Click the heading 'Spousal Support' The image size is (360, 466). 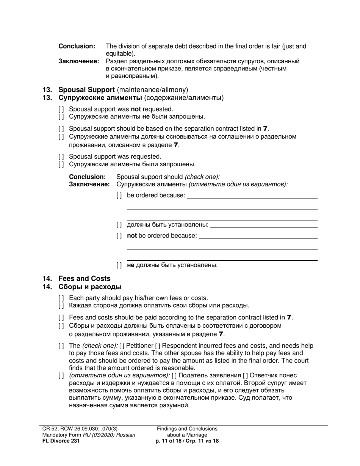tap(86, 90)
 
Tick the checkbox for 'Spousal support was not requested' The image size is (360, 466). tap(61, 109)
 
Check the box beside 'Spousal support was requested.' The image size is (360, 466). tap(61, 157)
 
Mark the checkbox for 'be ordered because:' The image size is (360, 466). tap(119, 195)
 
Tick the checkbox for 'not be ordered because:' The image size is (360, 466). tap(119, 236)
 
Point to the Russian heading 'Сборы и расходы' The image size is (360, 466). tap(90, 287)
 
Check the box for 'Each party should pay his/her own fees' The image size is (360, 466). tap(61, 298)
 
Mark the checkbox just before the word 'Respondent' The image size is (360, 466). tap(158, 346)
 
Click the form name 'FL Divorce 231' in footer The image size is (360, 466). tap(61, 441)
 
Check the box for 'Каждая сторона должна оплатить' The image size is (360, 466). tap(61, 306)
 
